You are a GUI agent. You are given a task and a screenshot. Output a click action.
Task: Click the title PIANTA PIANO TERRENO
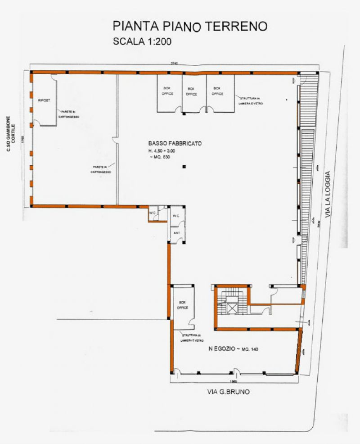pyautogui.click(x=190, y=26)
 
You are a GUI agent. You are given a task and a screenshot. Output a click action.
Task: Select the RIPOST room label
pyautogui.click(x=44, y=100)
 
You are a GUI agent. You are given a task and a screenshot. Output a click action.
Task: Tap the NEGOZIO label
pyautogui.click(x=222, y=349)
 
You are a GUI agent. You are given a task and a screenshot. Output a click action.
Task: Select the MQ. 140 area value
pyautogui.click(x=254, y=349)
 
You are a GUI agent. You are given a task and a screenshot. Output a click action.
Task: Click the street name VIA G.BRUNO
pyautogui.click(x=228, y=392)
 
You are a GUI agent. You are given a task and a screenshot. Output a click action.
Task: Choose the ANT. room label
pyautogui.click(x=174, y=234)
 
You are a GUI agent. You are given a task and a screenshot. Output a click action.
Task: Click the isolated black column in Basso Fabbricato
pyautogui.click(x=184, y=167)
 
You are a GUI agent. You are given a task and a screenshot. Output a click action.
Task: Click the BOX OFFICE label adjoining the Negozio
pyautogui.click(x=183, y=305)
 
